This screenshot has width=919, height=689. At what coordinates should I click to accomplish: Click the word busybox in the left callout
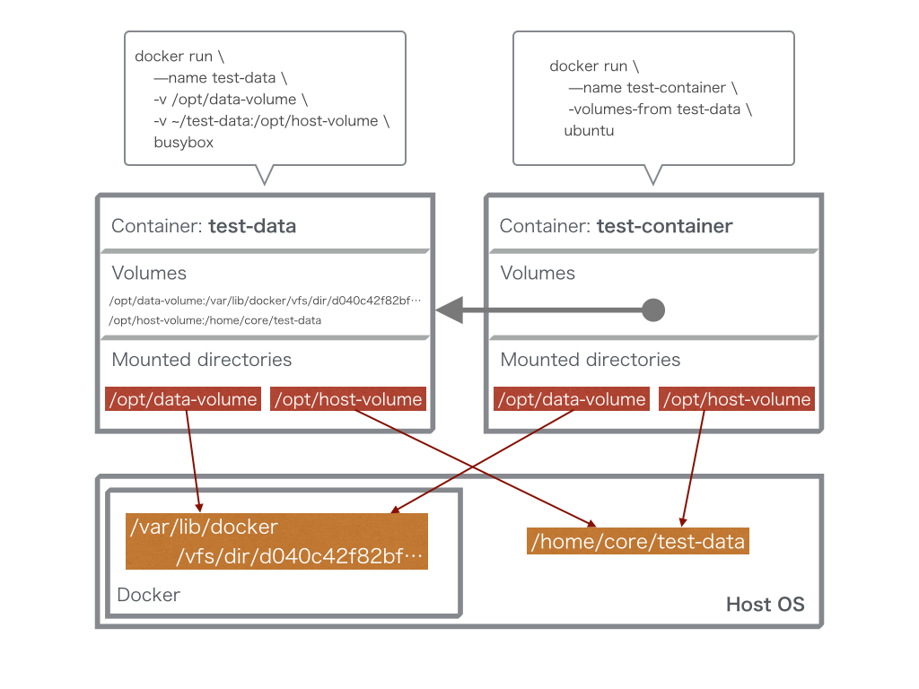point(183,143)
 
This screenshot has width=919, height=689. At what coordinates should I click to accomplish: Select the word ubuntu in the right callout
point(589,131)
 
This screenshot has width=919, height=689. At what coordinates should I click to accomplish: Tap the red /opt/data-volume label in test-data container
point(183,399)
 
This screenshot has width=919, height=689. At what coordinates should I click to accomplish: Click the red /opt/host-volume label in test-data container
point(347,399)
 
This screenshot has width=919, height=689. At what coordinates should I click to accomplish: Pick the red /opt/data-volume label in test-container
point(572,399)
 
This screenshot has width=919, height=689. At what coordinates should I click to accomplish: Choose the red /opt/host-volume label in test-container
point(737,399)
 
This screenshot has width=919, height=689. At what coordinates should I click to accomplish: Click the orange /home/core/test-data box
point(637,542)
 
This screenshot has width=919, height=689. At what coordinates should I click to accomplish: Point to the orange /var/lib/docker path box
point(276,542)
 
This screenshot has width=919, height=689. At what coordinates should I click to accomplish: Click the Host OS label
point(765,605)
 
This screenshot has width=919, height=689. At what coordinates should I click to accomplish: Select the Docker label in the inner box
point(148,595)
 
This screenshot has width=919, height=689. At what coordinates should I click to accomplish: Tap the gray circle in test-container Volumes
point(653,310)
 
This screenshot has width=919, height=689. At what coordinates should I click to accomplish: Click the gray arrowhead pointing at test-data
point(449,310)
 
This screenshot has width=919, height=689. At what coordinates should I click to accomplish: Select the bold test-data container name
point(252,226)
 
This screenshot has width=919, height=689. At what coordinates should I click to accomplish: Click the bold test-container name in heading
point(664,226)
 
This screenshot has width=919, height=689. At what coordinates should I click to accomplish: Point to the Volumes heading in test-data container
point(149,273)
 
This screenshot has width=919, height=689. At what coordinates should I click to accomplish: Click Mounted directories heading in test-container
point(590,360)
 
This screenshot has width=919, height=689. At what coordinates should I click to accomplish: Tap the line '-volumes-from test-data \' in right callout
point(660,109)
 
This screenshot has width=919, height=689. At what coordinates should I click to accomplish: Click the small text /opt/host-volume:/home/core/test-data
point(215,320)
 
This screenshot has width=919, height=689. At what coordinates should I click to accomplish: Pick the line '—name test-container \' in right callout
point(652,88)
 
